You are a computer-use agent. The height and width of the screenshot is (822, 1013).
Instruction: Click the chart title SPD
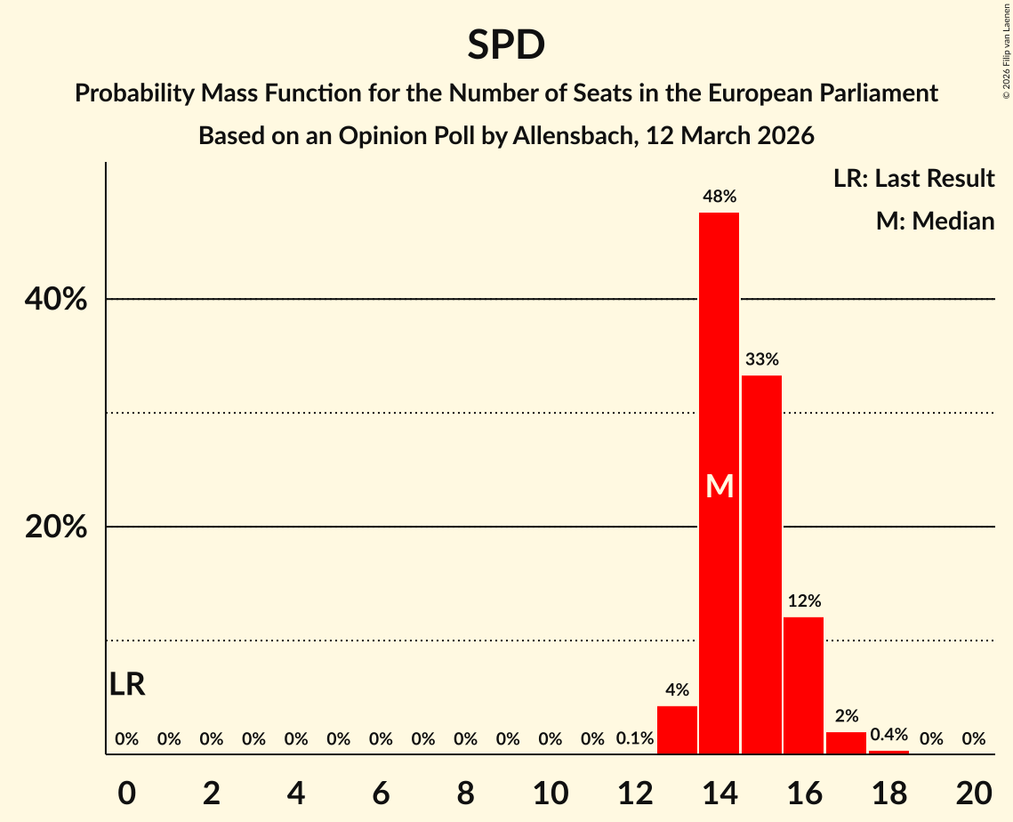(x=506, y=44)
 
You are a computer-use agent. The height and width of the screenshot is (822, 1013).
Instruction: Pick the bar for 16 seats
(x=803, y=685)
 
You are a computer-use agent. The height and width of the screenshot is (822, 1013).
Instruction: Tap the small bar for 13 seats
(x=677, y=730)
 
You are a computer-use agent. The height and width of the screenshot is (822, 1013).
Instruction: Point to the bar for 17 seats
(x=846, y=743)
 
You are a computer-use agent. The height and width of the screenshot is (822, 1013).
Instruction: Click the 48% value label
(x=719, y=197)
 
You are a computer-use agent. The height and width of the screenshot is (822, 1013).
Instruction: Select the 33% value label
(x=761, y=360)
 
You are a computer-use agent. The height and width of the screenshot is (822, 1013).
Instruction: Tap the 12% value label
(x=803, y=601)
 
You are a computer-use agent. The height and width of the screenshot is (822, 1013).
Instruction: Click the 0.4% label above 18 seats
(x=888, y=735)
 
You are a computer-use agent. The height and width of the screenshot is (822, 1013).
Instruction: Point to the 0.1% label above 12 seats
(x=635, y=738)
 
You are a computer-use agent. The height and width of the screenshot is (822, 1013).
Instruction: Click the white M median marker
(x=719, y=487)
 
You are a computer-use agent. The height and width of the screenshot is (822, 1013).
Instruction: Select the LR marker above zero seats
(x=127, y=685)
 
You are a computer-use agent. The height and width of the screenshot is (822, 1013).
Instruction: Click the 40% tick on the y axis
(x=56, y=300)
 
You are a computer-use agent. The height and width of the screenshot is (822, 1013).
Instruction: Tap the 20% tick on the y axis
(x=56, y=528)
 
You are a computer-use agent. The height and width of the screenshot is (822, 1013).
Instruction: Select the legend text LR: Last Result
(x=913, y=179)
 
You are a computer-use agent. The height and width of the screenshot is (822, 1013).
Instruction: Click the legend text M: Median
(x=935, y=221)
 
